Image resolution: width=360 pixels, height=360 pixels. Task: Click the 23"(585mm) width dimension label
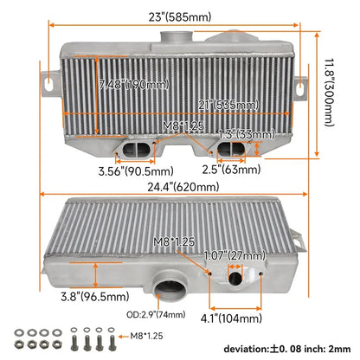(180, 16)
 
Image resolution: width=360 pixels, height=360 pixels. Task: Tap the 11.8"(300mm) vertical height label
(330, 93)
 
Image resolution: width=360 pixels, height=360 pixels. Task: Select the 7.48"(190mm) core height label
(134, 85)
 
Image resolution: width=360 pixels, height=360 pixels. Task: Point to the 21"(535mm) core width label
(228, 105)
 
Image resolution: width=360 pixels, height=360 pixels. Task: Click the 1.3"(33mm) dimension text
(246, 134)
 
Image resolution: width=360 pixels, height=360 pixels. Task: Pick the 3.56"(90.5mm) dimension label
(136, 171)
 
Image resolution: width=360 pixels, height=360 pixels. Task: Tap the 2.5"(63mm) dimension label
(231, 169)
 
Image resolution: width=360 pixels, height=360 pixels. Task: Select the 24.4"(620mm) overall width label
(183, 187)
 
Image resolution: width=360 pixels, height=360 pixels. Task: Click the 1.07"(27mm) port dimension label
(235, 255)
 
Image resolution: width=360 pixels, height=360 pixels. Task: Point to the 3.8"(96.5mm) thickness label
(95, 296)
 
